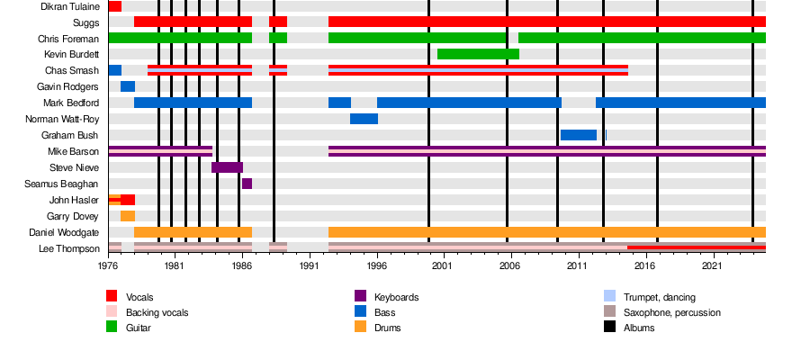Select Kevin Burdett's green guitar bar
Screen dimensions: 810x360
point(479,54)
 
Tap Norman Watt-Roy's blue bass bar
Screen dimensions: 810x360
point(364,119)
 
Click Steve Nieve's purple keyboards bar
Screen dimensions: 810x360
point(228,167)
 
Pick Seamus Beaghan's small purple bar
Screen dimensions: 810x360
point(247,184)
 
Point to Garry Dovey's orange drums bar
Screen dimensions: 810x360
point(128,216)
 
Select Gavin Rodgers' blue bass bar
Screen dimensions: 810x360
point(128,86)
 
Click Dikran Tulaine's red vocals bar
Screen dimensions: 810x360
point(115,6)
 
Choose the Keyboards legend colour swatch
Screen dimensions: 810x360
point(360,296)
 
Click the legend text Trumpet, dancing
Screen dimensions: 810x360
point(659,298)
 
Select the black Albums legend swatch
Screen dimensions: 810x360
point(609,327)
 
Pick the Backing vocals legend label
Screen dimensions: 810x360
point(157,312)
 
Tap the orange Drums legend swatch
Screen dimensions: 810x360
point(360,327)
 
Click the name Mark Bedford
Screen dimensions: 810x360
point(71,103)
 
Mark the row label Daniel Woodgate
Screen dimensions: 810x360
point(64,232)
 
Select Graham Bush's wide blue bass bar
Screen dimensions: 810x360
point(579,135)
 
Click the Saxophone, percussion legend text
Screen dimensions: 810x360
point(671,312)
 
